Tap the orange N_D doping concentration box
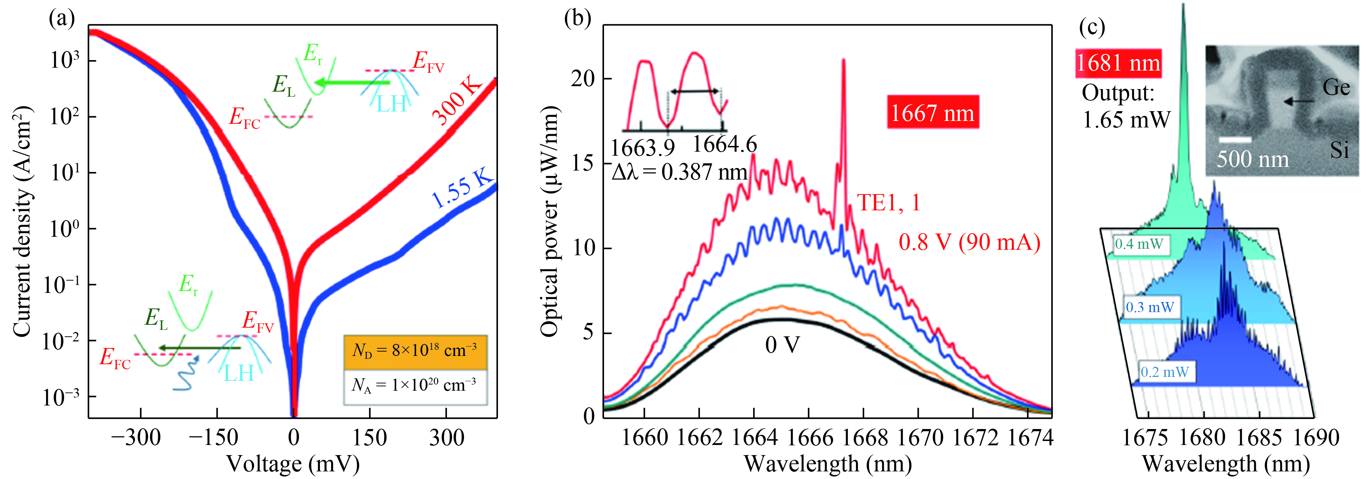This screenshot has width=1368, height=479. (415, 352)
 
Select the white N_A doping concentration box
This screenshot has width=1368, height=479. (415, 385)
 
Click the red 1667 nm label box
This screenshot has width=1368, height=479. (933, 113)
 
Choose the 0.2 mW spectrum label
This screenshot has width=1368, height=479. (1165, 372)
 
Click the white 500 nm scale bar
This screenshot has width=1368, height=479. (1235, 140)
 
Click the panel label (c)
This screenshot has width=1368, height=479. (1092, 26)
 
